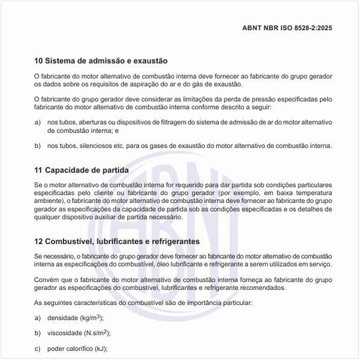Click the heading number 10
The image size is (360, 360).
[x=39, y=60]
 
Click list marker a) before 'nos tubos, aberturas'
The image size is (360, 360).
[x=38, y=122]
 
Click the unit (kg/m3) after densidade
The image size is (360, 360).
[x=90, y=317]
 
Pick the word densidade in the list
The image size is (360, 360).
[x=61, y=318]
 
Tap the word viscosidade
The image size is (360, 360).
[x=63, y=333]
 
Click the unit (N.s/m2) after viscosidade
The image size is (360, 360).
[x=95, y=333]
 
